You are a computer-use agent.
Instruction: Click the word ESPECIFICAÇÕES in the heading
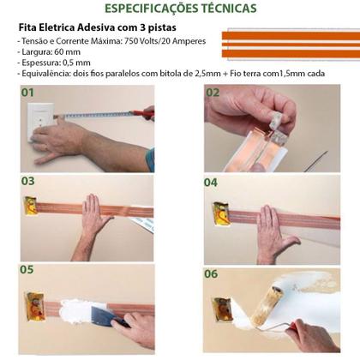pyautogui.click(x=155, y=9)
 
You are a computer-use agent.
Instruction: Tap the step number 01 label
pyautogui.click(x=27, y=92)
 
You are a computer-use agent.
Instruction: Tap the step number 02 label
pyautogui.click(x=212, y=92)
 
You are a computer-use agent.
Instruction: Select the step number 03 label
pyautogui.click(x=27, y=181)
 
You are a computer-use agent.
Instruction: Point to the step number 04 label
pyautogui.click(x=212, y=182)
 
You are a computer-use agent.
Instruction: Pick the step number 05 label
pyautogui.click(x=27, y=271)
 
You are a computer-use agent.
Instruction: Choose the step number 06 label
pyautogui.click(x=212, y=273)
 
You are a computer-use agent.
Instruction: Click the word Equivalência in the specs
pyautogui.click(x=47, y=73)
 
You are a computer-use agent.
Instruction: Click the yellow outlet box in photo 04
pyautogui.click(x=219, y=213)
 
